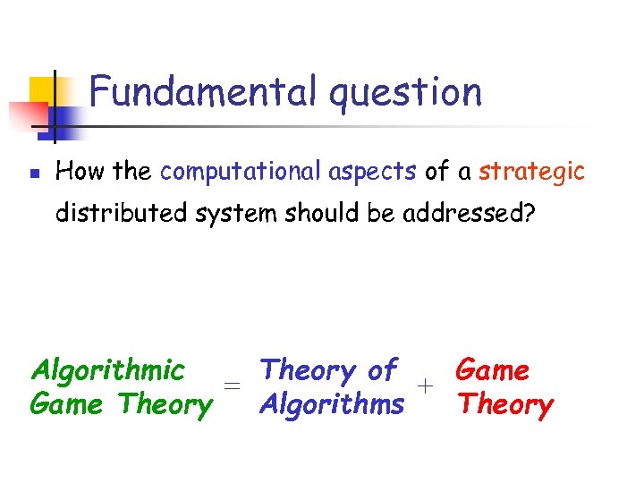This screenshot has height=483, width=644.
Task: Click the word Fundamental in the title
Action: tap(203, 91)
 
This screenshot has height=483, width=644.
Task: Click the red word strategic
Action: tap(531, 173)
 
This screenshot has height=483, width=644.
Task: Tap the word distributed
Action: tap(112, 215)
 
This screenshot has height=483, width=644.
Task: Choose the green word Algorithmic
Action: tap(107, 370)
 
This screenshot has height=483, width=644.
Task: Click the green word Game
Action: tap(70, 404)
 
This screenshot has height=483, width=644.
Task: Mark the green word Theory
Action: tap(166, 405)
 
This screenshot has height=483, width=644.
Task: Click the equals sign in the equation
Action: tap(233, 386)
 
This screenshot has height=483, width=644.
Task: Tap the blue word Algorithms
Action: tap(331, 405)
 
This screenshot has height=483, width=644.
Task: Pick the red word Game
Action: tap(492, 369)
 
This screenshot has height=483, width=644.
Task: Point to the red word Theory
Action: tap(505, 405)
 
